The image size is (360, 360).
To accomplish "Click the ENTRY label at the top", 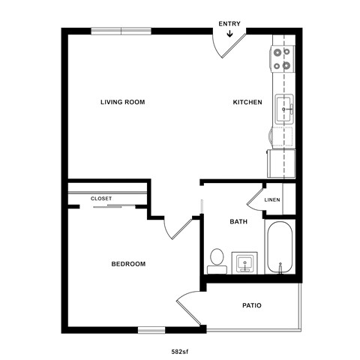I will [x=229, y=23].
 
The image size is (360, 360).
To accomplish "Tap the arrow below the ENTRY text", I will [x=229, y=33].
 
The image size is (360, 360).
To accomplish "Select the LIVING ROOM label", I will [x=122, y=102].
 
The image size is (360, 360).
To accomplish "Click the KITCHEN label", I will [x=247, y=102].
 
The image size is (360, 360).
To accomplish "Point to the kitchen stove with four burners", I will [x=283, y=58].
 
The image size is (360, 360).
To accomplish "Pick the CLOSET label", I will [x=101, y=198].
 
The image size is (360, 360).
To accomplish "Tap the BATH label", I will [x=238, y=222].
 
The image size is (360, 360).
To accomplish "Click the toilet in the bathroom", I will [x=217, y=259].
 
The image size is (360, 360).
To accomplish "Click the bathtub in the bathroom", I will [x=280, y=247].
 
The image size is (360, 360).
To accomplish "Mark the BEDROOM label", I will [x=128, y=264].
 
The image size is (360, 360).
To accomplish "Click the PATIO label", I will [x=251, y=305].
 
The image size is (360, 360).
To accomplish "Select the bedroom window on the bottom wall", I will [x=151, y=328].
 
